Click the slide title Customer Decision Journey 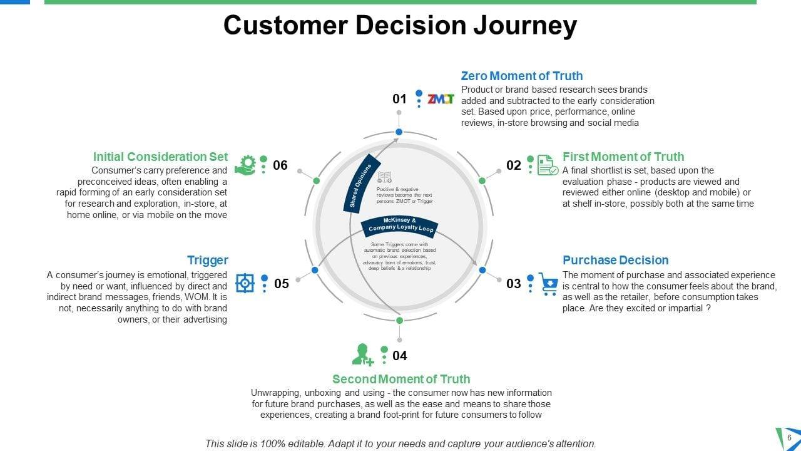tap(400, 26)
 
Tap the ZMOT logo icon tap(441, 99)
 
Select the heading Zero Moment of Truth tap(522, 76)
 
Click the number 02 tap(514, 165)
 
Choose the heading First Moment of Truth tap(623, 157)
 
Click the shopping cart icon tap(549, 283)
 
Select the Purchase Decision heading tap(616, 260)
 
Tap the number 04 tap(400, 356)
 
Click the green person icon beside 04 tap(363, 355)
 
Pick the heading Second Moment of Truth tap(401, 379)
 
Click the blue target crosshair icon tap(245, 283)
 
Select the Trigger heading tap(208, 260)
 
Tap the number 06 tap(280, 165)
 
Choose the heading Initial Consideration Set tap(161, 157)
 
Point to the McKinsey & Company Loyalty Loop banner tap(400, 225)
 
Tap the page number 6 tap(789, 437)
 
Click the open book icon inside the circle tap(384, 178)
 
